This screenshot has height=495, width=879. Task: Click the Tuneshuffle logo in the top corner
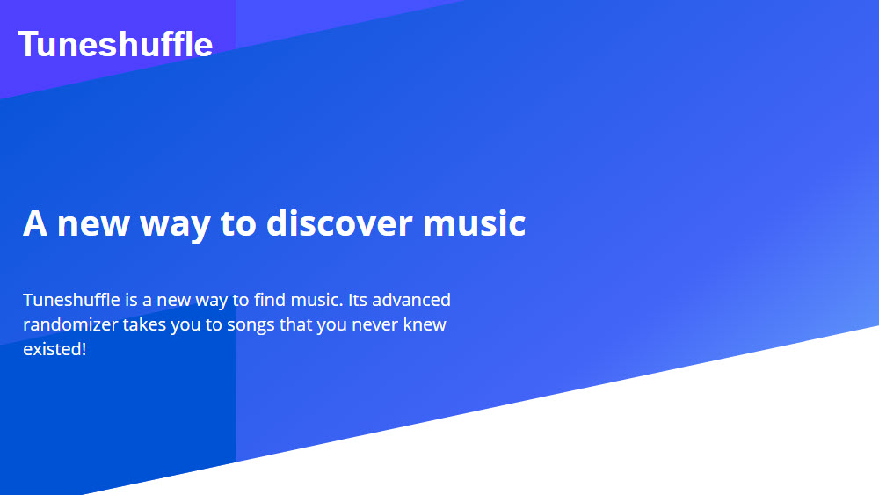tap(115, 44)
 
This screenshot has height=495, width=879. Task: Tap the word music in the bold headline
tap(475, 222)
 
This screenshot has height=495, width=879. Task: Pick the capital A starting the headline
tap(35, 223)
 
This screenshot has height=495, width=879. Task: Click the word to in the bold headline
tap(238, 223)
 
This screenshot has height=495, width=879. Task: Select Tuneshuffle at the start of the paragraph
tap(72, 299)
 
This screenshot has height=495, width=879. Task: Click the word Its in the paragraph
tap(357, 299)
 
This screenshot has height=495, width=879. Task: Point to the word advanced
tap(410, 299)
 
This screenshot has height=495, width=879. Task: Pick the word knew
tap(425, 324)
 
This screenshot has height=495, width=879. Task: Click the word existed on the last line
tap(52, 349)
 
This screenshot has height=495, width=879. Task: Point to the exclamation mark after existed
tap(84, 349)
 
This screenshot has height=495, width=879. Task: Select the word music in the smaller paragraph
tap(317, 299)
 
